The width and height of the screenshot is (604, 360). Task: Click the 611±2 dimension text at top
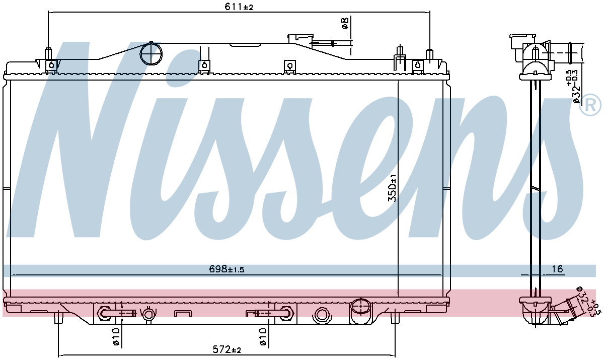point(239,7)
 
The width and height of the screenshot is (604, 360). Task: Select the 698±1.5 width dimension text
point(226,269)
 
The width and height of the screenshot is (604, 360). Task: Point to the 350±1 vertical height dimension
point(392,188)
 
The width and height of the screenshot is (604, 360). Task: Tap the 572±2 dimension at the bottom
point(227,349)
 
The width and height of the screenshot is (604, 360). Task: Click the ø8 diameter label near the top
point(345,23)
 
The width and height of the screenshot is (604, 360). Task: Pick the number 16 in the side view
point(557,269)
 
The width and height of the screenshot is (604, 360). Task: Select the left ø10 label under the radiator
point(116,337)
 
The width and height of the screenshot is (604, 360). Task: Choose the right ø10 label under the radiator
point(262,337)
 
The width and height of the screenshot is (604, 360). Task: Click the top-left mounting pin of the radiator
point(48,53)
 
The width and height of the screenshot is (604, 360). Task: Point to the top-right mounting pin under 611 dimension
point(429,54)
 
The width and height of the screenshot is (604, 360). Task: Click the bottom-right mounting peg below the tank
point(395,318)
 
